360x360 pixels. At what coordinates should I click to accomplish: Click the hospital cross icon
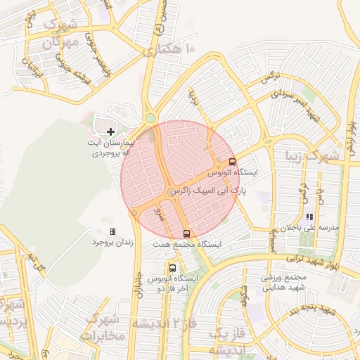tap(110, 131)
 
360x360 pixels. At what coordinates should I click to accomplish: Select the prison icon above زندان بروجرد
tap(112, 231)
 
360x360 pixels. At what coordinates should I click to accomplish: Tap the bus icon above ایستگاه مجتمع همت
tap(186, 233)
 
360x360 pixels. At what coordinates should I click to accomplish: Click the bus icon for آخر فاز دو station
tap(172, 268)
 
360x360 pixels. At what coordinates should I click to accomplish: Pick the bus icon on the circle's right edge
tap(233, 162)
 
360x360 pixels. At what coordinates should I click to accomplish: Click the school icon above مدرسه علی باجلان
tap(310, 217)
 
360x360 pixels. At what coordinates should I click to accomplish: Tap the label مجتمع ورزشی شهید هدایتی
tap(282, 282)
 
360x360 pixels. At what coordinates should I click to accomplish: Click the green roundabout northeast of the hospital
tap(150, 118)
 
